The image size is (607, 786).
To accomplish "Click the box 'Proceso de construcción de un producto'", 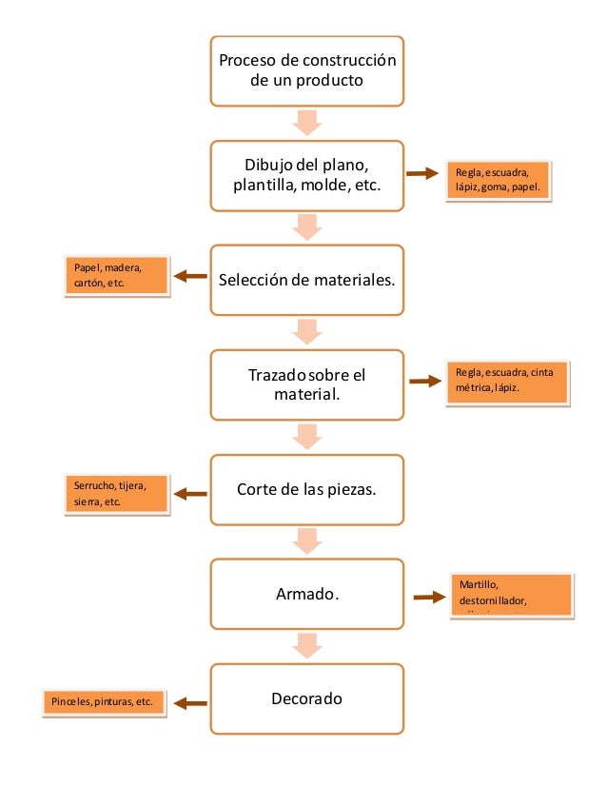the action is [306, 71].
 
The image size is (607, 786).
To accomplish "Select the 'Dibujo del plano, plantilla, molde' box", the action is [306, 176].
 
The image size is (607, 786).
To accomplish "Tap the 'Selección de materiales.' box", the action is [306, 281].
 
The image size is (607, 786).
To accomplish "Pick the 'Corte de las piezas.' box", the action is [306, 490].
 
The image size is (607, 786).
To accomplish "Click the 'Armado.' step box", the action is [306, 595].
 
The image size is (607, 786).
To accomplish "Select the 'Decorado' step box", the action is [306, 699].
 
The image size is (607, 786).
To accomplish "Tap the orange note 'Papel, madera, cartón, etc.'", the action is [115, 276].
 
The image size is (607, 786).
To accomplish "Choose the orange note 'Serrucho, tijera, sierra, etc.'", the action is [115, 494].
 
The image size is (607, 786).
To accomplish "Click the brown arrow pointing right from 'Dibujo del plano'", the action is [423, 173].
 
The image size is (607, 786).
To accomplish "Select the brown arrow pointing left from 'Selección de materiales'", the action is [191, 276].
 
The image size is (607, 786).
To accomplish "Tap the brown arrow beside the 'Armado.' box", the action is [430, 598].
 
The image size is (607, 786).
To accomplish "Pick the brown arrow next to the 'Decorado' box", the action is [191, 704].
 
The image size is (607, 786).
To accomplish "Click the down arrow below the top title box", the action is [306, 123].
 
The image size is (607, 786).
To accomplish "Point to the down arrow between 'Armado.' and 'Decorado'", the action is [306, 646].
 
